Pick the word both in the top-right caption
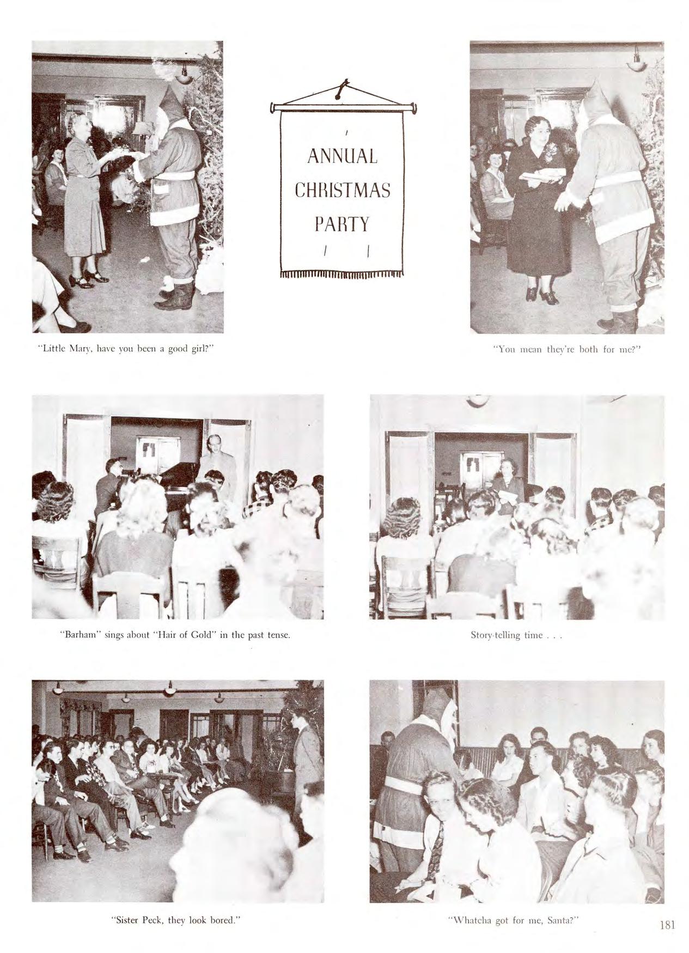pos(588,349)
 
